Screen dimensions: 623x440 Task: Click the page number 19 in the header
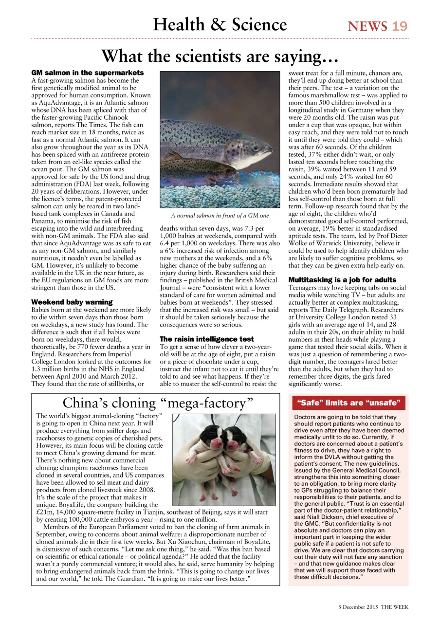coord(400,26)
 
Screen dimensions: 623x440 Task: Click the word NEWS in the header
coord(367,26)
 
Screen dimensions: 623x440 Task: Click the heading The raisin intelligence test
coord(207,338)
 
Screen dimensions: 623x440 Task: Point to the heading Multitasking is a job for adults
coord(342,280)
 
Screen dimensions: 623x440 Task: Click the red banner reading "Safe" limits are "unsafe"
coord(348,403)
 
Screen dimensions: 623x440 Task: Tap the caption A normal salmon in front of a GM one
coord(220,215)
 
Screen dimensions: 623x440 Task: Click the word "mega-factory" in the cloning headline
coord(210,403)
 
